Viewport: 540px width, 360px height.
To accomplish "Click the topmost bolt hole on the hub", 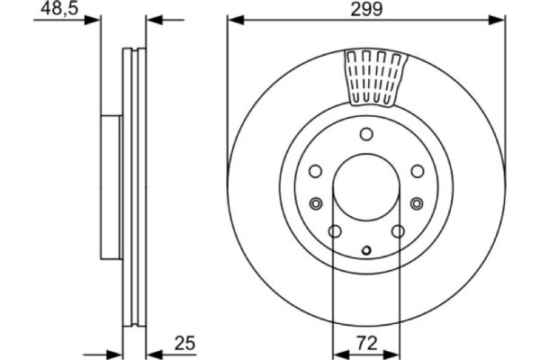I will [366, 135].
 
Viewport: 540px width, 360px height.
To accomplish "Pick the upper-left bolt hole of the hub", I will [315, 171].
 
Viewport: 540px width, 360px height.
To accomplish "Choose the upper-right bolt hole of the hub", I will [418, 171].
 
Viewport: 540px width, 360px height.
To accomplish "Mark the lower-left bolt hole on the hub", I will [335, 232].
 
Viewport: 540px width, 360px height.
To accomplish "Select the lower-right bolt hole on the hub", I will [398, 232].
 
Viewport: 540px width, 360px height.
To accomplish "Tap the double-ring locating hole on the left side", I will [315, 202].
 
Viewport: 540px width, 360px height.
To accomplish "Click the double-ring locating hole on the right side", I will [418, 202].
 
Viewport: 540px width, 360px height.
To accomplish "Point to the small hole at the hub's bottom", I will [366, 250].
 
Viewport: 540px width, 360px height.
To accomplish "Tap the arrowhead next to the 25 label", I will [153, 353].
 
